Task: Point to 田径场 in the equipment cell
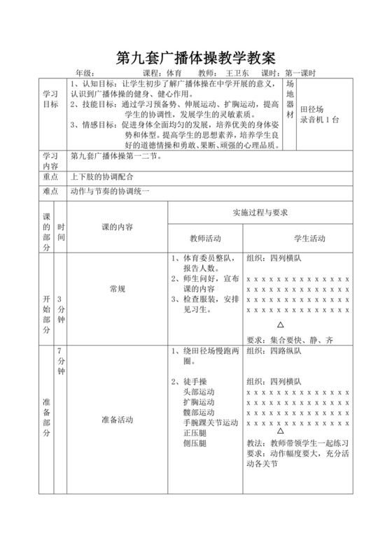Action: [312, 110]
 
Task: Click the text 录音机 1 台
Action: [320, 120]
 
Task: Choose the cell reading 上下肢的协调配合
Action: [101, 176]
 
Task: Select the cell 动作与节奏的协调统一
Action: [110, 191]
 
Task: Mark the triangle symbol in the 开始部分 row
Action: [281, 325]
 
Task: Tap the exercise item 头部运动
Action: [199, 392]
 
